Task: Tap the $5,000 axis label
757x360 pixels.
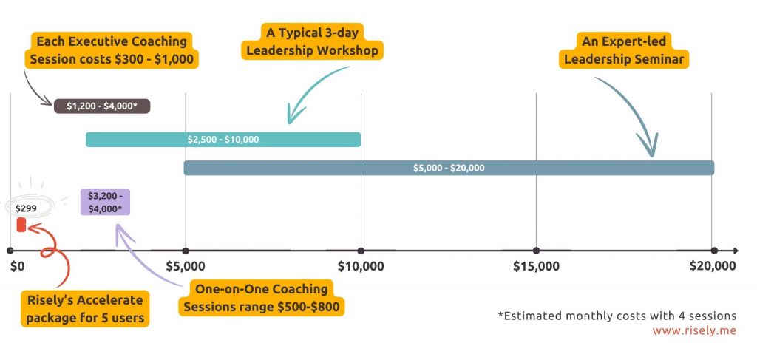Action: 185,265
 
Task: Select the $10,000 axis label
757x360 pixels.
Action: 361,265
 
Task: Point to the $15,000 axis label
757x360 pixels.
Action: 537,265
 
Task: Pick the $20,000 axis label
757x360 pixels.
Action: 713,265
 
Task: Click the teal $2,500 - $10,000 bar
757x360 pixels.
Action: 223,139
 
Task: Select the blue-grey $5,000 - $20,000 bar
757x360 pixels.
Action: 449,168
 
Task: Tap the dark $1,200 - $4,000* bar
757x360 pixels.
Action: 102,106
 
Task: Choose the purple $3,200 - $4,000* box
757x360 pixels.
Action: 106,202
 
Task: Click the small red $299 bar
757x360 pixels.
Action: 21,223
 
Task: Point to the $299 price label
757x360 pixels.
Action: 26,208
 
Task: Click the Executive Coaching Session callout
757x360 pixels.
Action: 112,50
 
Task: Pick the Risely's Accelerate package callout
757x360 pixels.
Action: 84,308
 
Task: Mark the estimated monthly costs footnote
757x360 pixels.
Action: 617,316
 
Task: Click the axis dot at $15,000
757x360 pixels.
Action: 537,251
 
